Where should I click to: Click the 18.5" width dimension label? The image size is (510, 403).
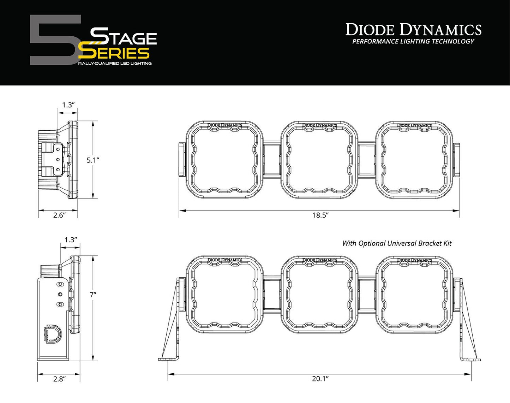click(x=320, y=215)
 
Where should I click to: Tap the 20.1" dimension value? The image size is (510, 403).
click(x=320, y=379)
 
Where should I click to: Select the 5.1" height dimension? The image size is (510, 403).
click(x=93, y=160)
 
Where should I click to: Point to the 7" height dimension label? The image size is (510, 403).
click(x=93, y=295)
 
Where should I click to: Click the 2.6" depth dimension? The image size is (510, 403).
click(x=59, y=215)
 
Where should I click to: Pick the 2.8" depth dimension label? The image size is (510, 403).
click(x=59, y=379)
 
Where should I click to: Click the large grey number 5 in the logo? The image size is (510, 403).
click(x=53, y=40)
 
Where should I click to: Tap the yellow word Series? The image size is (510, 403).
click(x=114, y=53)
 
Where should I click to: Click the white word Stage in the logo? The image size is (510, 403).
click(x=124, y=37)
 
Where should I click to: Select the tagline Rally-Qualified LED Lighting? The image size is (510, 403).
click(x=115, y=64)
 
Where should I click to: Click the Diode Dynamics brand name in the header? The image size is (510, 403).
click(x=413, y=30)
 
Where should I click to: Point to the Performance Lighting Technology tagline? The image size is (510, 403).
click(x=413, y=42)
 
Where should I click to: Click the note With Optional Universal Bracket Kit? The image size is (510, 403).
click(x=397, y=243)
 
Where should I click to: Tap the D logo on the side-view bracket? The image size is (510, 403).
click(x=52, y=334)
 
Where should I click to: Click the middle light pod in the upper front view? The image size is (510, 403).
click(x=320, y=160)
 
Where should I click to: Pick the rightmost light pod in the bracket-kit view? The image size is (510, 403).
click(x=414, y=295)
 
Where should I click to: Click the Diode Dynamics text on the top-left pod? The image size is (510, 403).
click(x=225, y=125)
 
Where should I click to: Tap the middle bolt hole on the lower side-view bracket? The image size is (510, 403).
click(x=60, y=294)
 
